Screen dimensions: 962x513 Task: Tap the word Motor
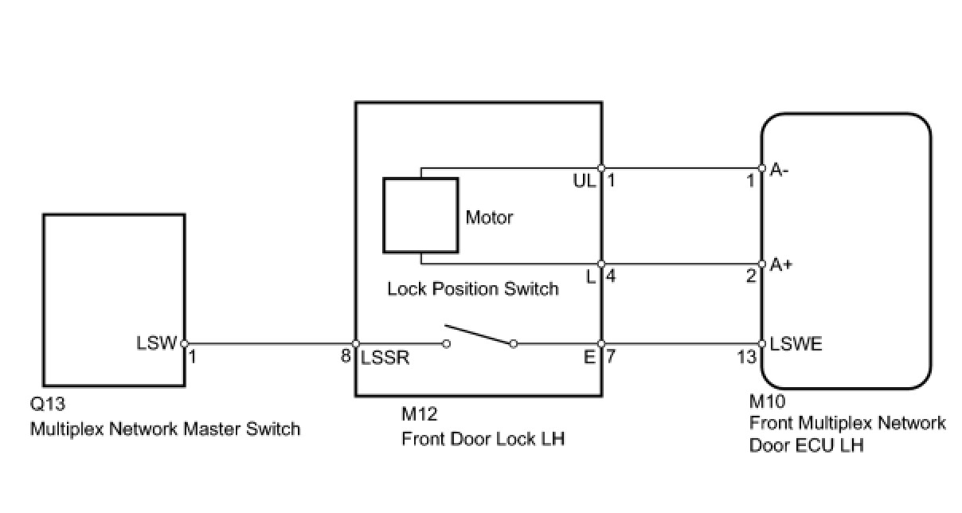489,217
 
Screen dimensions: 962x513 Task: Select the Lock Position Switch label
473,288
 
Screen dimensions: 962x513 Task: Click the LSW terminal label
156,343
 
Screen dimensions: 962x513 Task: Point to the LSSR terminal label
385,358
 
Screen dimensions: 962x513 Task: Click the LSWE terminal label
796,343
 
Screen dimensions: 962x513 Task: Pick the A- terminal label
779,170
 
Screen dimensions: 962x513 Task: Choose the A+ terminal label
780,264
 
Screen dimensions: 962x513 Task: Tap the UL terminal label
585,182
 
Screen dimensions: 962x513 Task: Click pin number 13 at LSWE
746,357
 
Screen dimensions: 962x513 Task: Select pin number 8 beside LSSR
346,356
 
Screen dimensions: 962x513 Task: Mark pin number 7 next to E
610,356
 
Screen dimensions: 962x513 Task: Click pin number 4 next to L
610,276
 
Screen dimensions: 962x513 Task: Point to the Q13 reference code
47,404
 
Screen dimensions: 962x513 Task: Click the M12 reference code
419,414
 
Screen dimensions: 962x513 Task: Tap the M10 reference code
767,401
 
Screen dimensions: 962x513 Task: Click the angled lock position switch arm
479,335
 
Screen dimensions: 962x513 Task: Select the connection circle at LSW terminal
184,343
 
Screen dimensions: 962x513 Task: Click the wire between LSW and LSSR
270,343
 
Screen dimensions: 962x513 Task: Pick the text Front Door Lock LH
483,439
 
